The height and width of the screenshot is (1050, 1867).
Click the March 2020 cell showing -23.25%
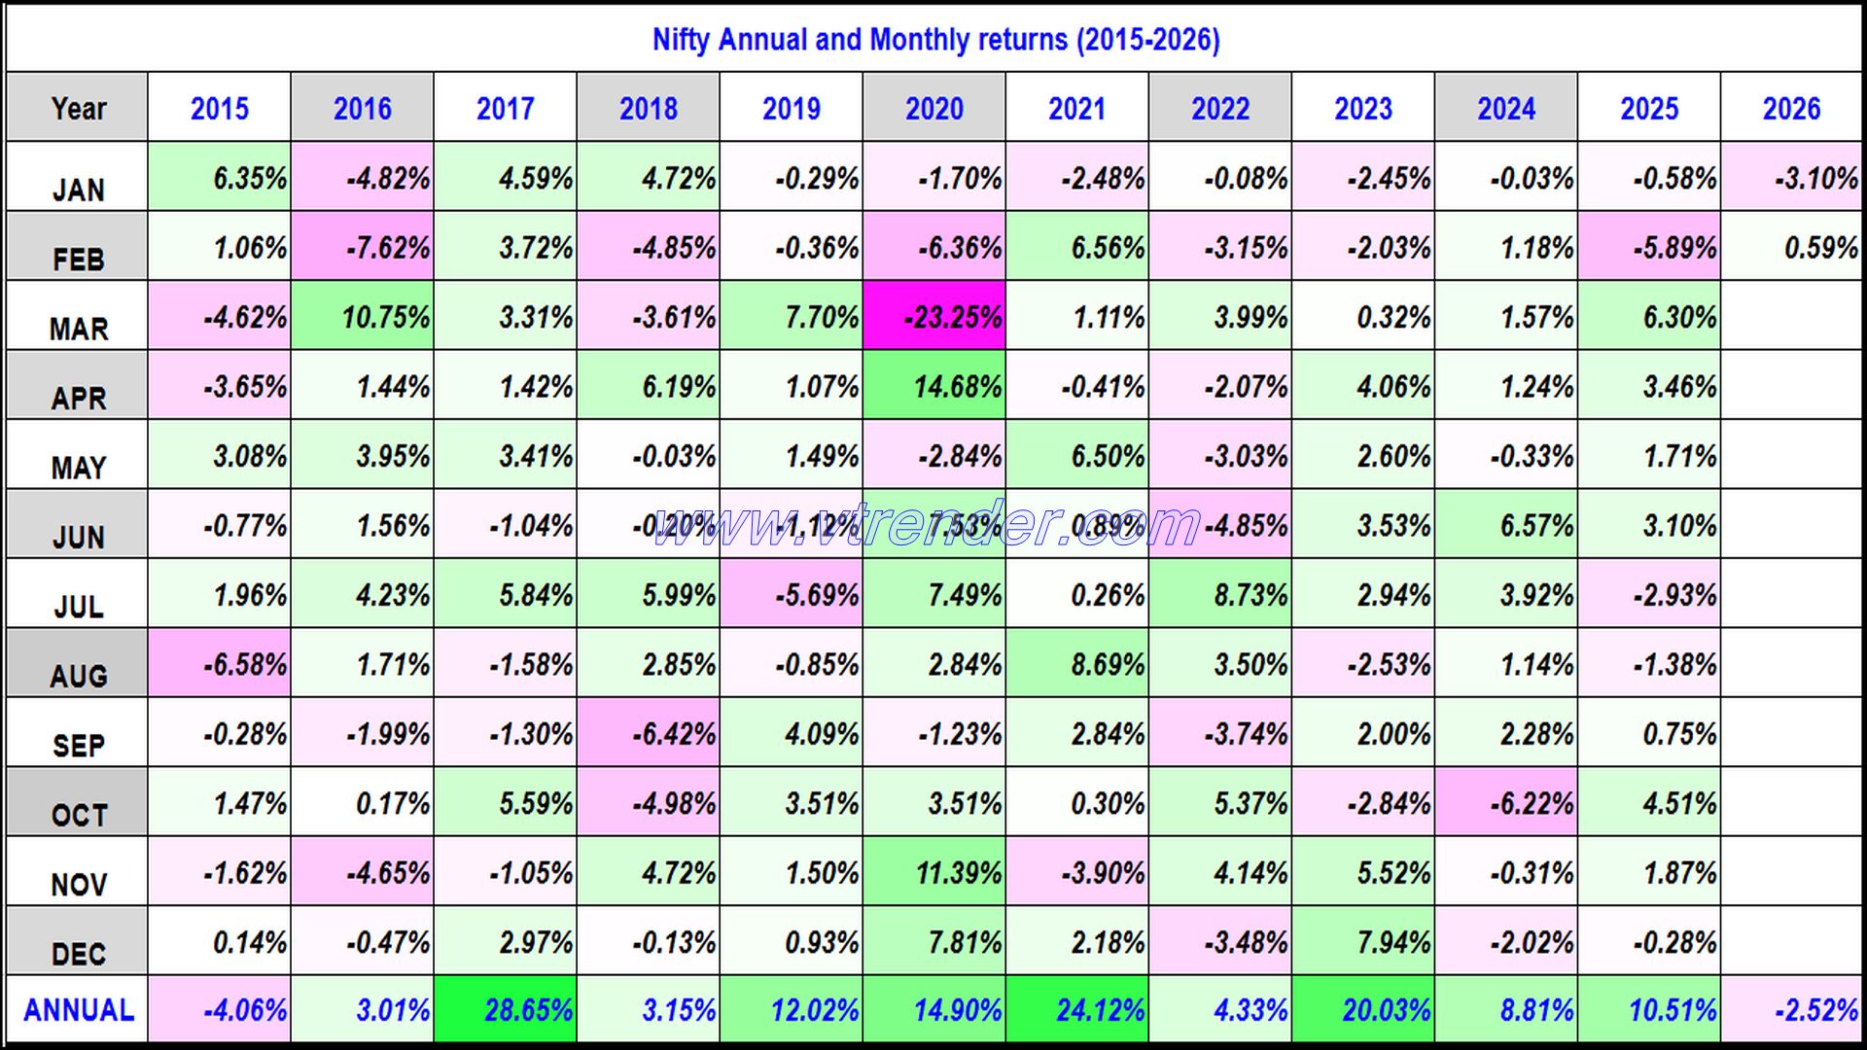point(934,317)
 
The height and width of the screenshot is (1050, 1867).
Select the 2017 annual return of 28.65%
point(506,1010)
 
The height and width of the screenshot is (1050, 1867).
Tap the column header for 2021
point(1077,108)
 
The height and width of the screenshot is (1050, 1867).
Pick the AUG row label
point(78,675)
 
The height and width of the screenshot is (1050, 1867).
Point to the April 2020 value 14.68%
point(934,387)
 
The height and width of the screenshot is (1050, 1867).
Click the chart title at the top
point(935,40)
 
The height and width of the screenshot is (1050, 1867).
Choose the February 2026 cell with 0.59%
point(1792,247)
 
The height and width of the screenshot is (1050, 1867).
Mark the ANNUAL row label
point(78,1010)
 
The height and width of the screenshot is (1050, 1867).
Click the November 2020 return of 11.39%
point(934,873)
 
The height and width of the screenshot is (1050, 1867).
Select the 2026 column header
point(1792,108)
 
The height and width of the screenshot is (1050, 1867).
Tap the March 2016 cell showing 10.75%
point(363,317)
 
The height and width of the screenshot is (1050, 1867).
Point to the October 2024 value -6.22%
point(1506,804)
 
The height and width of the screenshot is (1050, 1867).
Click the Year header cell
point(78,108)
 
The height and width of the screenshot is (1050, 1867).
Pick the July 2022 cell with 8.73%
point(1220,595)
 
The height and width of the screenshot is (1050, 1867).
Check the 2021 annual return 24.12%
point(1077,1010)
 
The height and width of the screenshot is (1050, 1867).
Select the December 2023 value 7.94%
point(1363,942)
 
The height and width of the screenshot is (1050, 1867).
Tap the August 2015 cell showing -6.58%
point(220,665)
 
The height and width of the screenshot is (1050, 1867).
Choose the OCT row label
point(78,814)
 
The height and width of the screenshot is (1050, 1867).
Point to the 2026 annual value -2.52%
point(1792,1010)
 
